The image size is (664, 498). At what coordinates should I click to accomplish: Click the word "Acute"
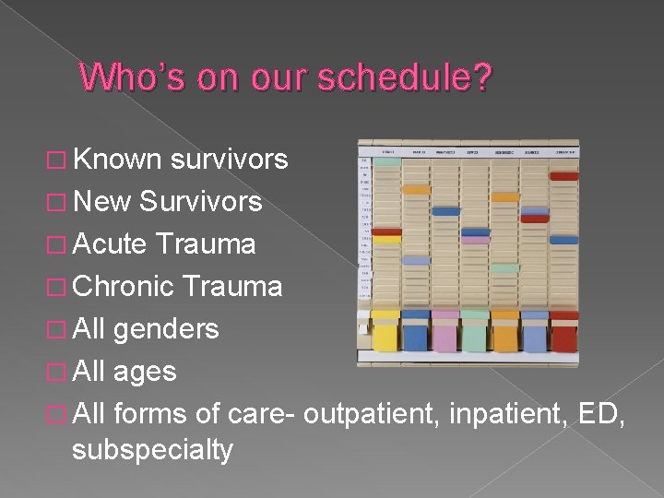(x=110, y=243)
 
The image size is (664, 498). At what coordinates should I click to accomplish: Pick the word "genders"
(x=166, y=329)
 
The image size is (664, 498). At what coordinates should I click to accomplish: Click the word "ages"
(x=145, y=372)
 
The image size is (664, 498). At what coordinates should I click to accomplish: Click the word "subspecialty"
(x=152, y=450)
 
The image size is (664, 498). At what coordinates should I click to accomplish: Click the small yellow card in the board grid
(x=386, y=239)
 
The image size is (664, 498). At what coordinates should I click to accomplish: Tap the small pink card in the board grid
(x=476, y=240)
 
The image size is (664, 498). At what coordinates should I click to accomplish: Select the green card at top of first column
(x=386, y=161)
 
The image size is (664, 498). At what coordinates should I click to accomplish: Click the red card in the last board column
(x=563, y=175)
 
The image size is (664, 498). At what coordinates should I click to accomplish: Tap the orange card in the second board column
(x=416, y=189)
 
